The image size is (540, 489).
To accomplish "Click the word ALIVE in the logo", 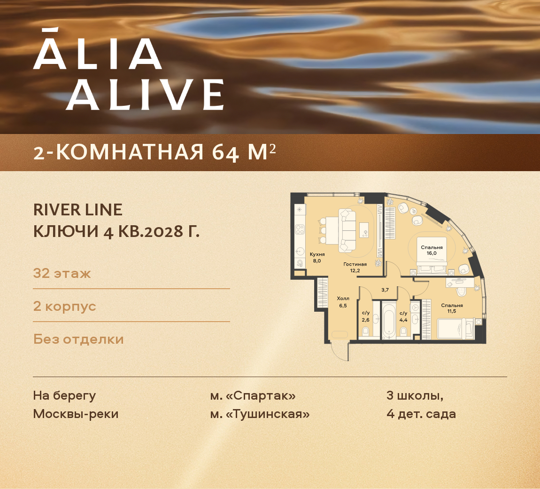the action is pos(145,95).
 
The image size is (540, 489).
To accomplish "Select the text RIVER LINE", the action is pos(78,210).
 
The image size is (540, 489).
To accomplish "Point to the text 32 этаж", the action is pos(62,273).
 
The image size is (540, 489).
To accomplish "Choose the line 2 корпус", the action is pos(64,306).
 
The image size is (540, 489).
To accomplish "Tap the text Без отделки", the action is pos(78,339).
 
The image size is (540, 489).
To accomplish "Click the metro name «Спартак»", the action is pos(261,395).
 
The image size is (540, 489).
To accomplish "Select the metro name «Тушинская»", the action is pos(268,414).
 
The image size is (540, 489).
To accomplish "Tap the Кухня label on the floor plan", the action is pos(317,254).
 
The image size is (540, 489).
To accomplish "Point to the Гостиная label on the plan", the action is pos(355,264).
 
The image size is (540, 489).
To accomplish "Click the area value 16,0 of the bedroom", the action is pos(432,253).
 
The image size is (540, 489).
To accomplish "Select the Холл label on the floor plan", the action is pos(343,299).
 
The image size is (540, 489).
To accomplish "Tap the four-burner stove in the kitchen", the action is pos(300,229).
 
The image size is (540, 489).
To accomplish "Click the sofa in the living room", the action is pos(347,230).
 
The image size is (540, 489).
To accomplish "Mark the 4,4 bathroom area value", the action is pos(403,320).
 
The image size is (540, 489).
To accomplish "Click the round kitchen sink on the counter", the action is pos(299,251).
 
